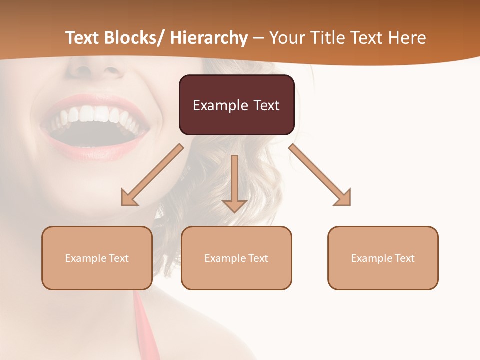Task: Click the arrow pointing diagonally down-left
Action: pos(152,175)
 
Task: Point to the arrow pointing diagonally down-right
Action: pos(320,175)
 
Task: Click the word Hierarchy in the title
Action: pos(209,38)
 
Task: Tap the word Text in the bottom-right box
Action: pos(404,258)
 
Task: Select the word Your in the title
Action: pos(286,38)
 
